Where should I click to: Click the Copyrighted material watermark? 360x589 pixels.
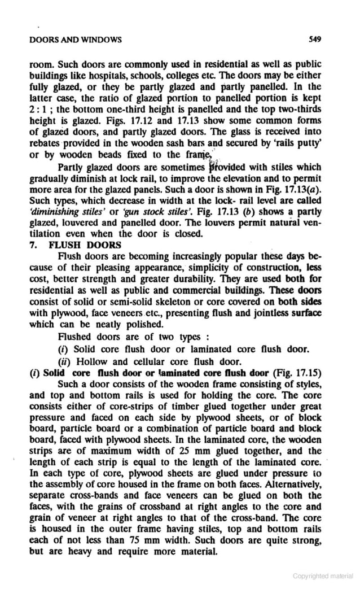coord(323,576)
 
